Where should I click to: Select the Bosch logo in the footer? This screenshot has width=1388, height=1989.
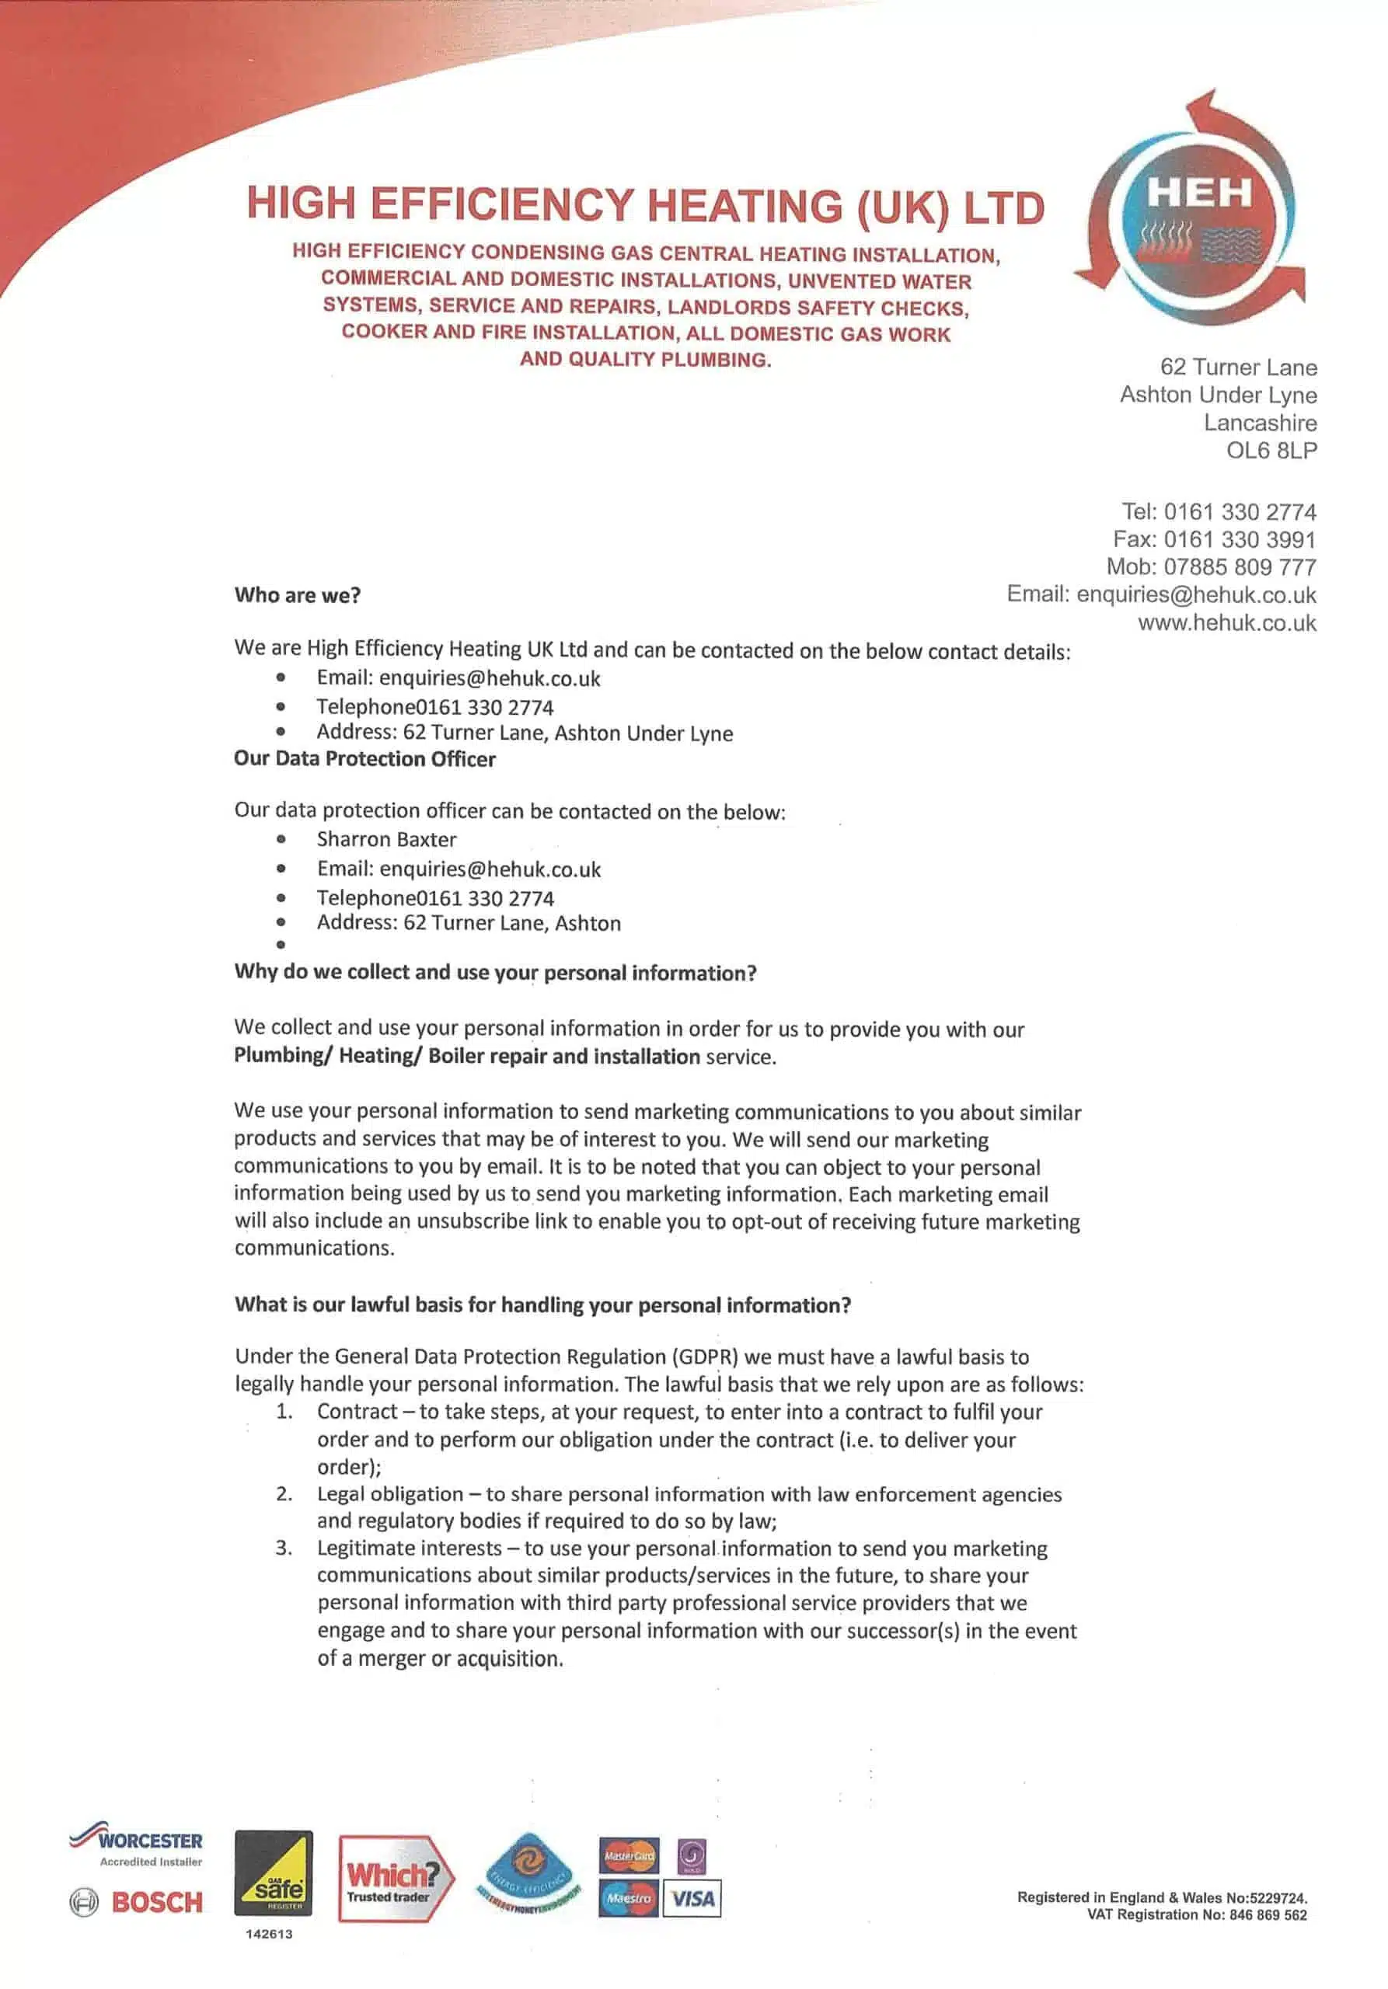point(137,1903)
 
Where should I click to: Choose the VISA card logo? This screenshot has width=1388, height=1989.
point(692,1899)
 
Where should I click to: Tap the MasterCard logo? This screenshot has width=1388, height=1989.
point(628,1855)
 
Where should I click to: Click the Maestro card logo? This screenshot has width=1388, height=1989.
point(628,1898)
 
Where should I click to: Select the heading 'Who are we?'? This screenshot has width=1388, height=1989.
point(297,595)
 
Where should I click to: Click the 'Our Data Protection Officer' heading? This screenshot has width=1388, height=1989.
point(364,759)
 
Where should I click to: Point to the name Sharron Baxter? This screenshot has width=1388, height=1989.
point(386,839)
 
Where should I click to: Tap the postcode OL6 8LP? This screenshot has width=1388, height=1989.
point(1271,451)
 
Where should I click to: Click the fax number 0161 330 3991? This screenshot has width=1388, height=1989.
point(1239,540)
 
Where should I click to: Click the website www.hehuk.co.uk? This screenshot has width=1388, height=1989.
point(1227,623)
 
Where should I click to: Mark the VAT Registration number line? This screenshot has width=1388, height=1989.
point(1197,1914)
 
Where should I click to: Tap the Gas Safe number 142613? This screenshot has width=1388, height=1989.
point(270,1934)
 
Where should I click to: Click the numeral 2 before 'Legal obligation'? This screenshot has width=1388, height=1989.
point(284,1493)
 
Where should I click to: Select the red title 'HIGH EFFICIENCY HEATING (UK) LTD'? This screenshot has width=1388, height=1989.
point(646,205)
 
